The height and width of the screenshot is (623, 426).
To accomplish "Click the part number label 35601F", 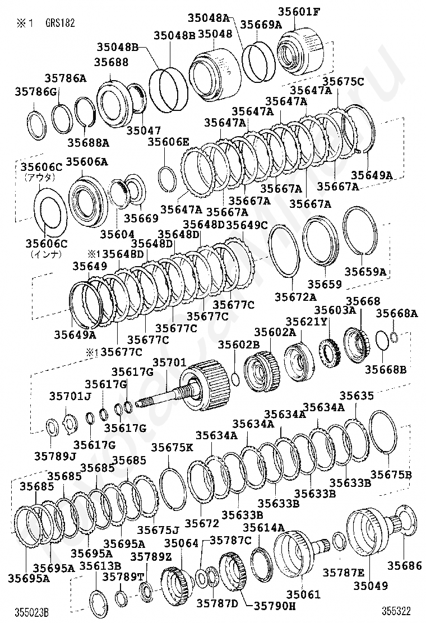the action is (x=298, y=12).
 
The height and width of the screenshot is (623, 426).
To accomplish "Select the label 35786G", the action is (x=36, y=92).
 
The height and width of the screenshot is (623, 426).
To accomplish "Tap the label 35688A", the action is (x=88, y=142).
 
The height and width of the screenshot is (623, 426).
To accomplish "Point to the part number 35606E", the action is (x=169, y=141).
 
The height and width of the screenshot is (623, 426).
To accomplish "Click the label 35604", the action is (x=117, y=234).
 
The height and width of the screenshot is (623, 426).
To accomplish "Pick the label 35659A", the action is (x=365, y=271).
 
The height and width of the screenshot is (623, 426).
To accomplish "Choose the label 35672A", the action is (x=295, y=296).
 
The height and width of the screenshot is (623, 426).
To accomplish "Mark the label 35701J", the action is (x=70, y=396).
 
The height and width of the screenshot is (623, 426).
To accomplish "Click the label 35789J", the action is (x=55, y=455).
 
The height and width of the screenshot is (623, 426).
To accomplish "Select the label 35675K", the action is (x=172, y=448).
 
